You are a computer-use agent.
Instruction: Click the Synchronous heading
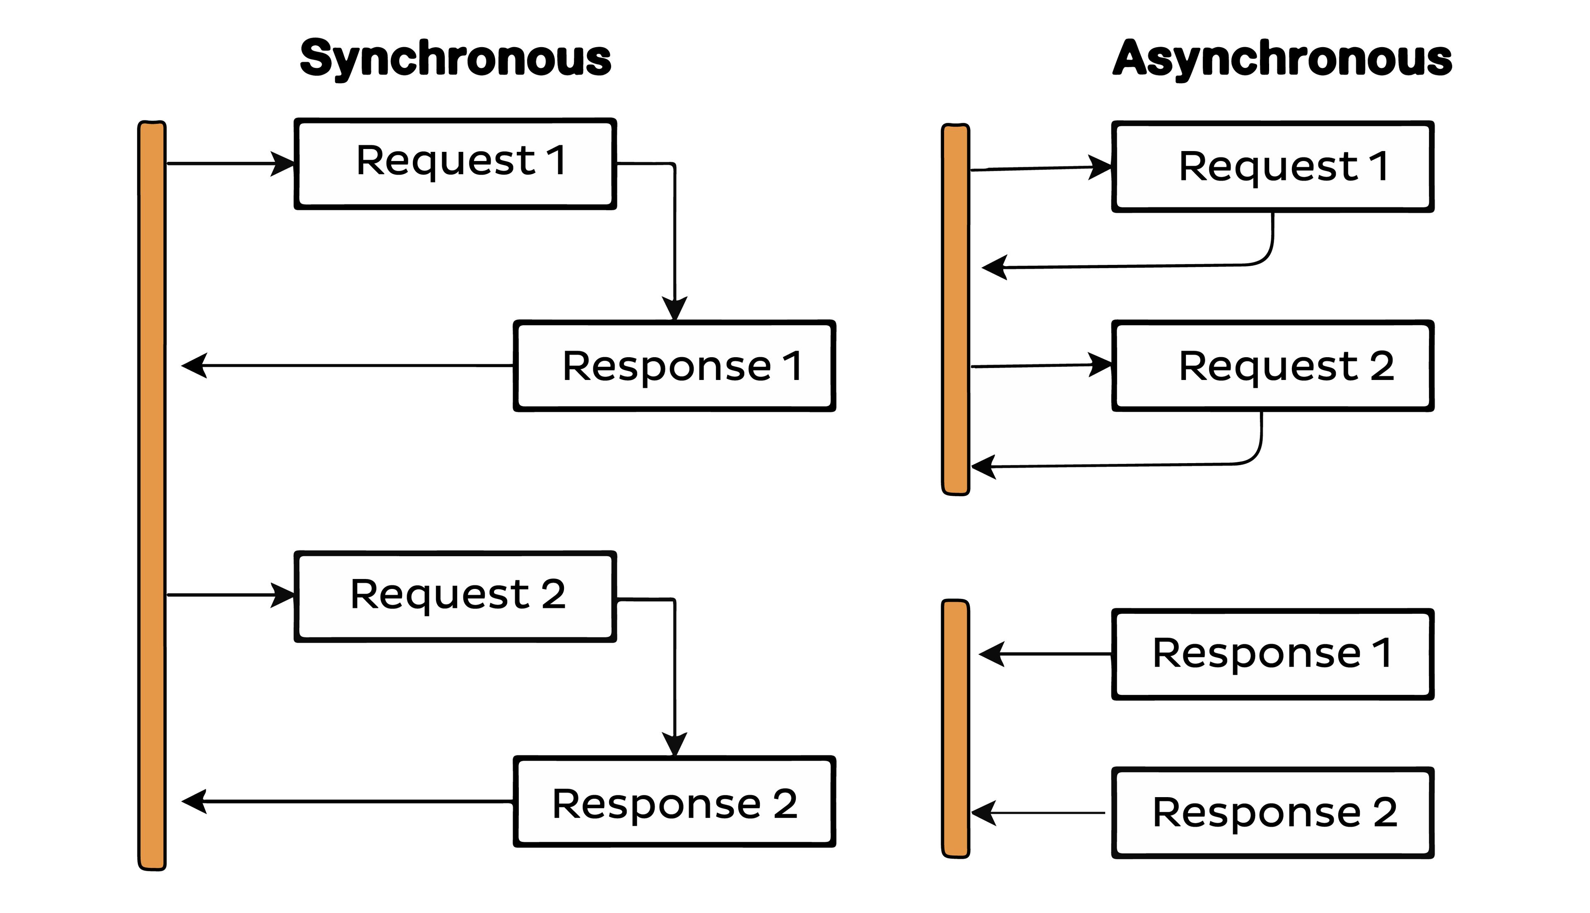[455, 59]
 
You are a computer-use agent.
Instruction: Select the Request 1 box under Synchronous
[455, 163]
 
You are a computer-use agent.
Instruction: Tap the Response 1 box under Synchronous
[674, 366]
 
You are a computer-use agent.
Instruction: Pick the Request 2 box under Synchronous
[455, 596]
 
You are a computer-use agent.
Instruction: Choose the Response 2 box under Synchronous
[674, 801]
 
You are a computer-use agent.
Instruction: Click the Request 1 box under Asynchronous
[1273, 167]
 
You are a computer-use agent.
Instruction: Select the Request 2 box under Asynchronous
[1273, 366]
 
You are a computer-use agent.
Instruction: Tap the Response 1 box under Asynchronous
[1273, 654]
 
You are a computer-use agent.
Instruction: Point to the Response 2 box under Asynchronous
[1273, 813]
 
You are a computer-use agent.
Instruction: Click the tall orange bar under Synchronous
[152, 495]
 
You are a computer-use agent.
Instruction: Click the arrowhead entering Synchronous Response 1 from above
[674, 308]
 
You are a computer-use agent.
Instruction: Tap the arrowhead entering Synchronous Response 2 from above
[674, 744]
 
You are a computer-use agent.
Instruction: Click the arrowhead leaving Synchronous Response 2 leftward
[194, 801]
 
